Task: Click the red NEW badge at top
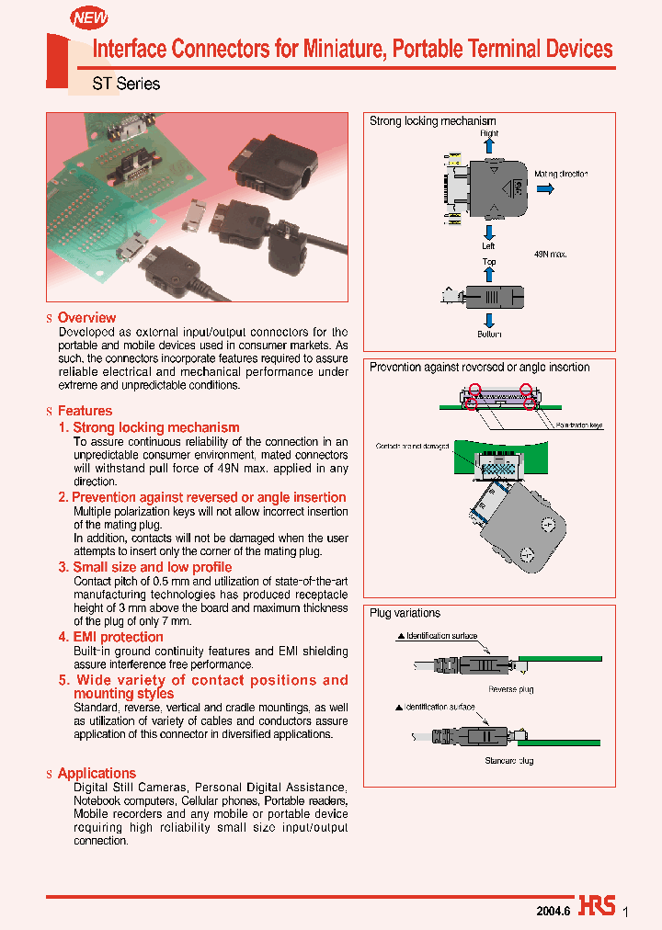[90, 17]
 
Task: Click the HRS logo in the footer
[597, 906]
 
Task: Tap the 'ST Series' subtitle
[126, 84]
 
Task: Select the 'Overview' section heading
[86, 317]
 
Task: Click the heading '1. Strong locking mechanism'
[149, 427]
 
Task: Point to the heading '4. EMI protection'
[111, 637]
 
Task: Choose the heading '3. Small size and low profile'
[145, 567]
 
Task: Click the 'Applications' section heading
[97, 773]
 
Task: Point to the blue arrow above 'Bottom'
[489, 320]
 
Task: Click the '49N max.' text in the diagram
[550, 255]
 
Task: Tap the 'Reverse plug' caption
[510, 689]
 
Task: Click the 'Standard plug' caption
[508, 761]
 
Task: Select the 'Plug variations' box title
[405, 613]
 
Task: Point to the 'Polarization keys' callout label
[579, 426]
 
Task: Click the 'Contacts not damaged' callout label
[412, 447]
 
